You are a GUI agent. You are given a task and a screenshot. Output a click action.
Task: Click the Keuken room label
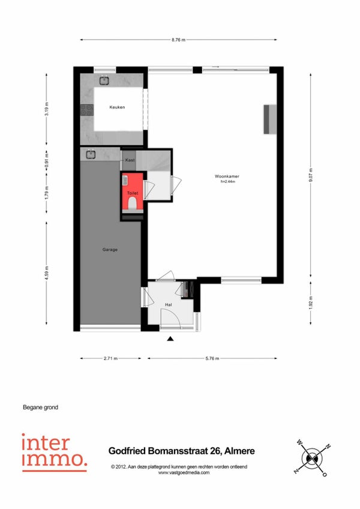[117, 107]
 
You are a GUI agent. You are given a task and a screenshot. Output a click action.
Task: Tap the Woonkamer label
[227, 176]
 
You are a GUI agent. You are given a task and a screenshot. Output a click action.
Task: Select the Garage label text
[110, 250]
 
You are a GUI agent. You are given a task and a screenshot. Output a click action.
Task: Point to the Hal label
[169, 305]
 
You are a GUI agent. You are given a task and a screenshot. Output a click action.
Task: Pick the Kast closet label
[130, 160]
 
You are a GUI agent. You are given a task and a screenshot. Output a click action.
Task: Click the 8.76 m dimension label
[179, 40]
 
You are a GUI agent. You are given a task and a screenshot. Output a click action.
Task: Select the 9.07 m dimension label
[311, 175]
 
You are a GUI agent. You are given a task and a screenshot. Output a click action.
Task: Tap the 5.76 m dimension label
[212, 358]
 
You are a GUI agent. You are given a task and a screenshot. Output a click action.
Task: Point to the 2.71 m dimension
[110, 358]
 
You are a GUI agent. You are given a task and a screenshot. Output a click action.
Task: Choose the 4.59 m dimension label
[46, 273]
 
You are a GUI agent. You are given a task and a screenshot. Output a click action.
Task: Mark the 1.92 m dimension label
[311, 303]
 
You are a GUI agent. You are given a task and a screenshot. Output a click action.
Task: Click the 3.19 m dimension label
[46, 109]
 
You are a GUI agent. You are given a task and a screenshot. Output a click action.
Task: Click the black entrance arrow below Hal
[170, 339]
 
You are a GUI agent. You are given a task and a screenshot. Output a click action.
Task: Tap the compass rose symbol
[312, 458]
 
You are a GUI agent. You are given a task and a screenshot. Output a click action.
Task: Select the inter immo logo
[55, 453]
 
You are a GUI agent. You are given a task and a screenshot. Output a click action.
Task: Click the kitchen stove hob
[86, 110]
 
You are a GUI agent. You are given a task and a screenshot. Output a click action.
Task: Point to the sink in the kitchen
[104, 80]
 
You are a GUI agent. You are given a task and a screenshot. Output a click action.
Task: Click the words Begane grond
[41, 408]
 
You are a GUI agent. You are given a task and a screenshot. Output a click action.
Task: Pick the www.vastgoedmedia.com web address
[184, 472]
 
